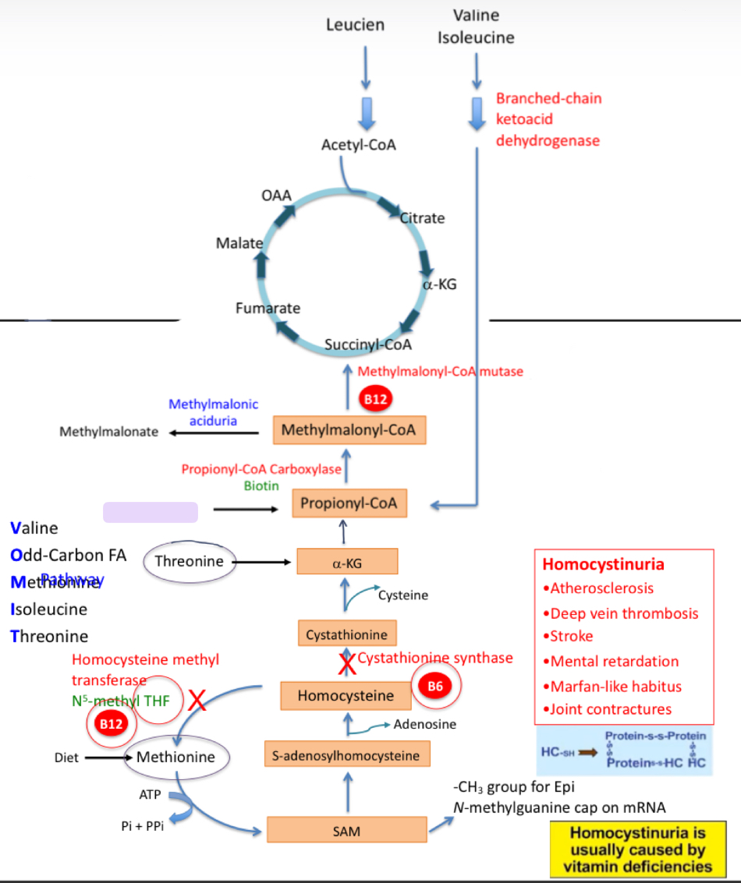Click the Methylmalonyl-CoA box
click(x=349, y=429)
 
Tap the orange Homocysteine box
click(x=346, y=695)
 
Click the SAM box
click(x=347, y=831)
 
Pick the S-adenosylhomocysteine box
click(x=346, y=755)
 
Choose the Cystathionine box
click(x=346, y=634)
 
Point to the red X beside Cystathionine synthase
click(x=346, y=663)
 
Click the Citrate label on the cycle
click(x=423, y=217)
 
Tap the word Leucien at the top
click(x=355, y=25)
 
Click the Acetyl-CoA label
click(x=358, y=145)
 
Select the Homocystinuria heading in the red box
click(x=603, y=564)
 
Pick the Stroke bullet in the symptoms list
click(x=572, y=636)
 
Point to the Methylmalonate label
click(x=109, y=431)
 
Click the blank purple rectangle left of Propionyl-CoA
click(x=151, y=512)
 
